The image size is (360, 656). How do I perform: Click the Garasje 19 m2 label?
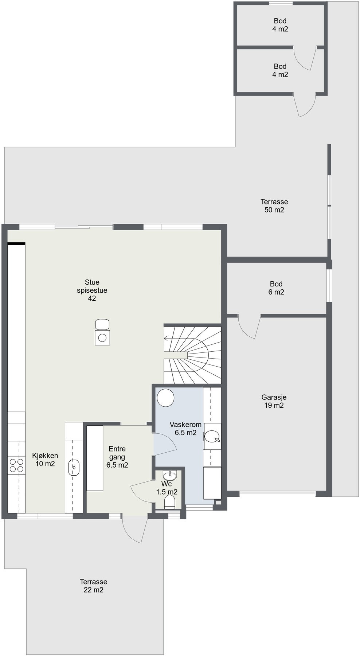[x=274, y=401]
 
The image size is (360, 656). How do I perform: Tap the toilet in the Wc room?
[x=170, y=503]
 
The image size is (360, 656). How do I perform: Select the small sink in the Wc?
[x=170, y=476]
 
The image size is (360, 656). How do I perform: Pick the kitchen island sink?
[x=74, y=467]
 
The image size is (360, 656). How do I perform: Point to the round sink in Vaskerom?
[x=212, y=436]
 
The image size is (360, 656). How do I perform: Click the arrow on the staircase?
[x=166, y=339]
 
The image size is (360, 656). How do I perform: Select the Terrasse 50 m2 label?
[x=274, y=206]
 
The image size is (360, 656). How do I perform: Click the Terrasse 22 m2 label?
[x=94, y=586]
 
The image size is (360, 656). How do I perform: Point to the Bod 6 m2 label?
[x=276, y=288]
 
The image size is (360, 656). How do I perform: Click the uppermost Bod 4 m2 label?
[x=280, y=25]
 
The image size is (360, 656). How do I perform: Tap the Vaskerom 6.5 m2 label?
[x=185, y=429]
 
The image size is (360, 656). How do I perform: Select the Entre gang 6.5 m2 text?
[x=117, y=457]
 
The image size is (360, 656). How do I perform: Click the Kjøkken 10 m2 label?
[x=45, y=460]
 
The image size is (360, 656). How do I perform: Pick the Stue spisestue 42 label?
[x=92, y=290]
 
